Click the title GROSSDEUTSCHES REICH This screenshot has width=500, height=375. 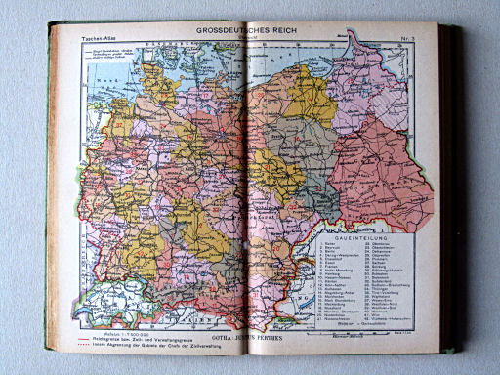point(249,31)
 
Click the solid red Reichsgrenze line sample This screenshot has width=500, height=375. point(67,338)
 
